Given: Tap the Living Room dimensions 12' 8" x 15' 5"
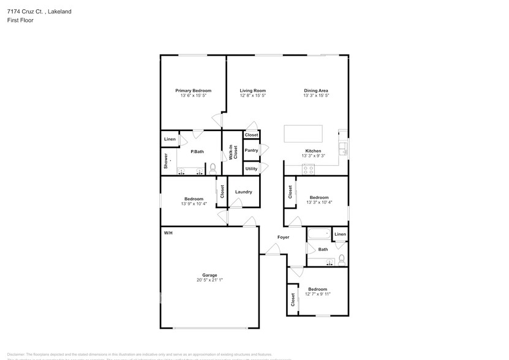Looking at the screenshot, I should pyautogui.click(x=252, y=96).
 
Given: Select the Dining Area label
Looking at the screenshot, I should pyautogui.click(x=316, y=91).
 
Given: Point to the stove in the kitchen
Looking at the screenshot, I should pyautogui.click(x=310, y=170).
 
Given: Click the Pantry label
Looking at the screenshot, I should pyautogui.click(x=251, y=150).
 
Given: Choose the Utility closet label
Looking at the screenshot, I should pyautogui.click(x=251, y=168).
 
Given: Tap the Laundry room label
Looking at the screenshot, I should pyautogui.click(x=243, y=192).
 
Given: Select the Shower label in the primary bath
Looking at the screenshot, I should pyautogui.click(x=165, y=161).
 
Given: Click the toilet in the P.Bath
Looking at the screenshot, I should pyautogui.click(x=213, y=168).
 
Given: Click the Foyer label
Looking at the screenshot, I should pyautogui.click(x=283, y=237).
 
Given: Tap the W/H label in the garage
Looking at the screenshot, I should pyautogui.click(x=168, y=233).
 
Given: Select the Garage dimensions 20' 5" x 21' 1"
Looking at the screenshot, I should pyautogui.click(x=209, y=280).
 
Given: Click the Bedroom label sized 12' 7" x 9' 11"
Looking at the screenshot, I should pyautogui.click(x=317, y=289).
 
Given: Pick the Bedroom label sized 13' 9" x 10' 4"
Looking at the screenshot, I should pyautogui.click(x=194, y=198).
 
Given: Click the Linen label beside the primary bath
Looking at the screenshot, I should pyautogui.click(x=170, y=140).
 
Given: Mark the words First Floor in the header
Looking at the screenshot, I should pyautogui.click(x=20, y=20).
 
